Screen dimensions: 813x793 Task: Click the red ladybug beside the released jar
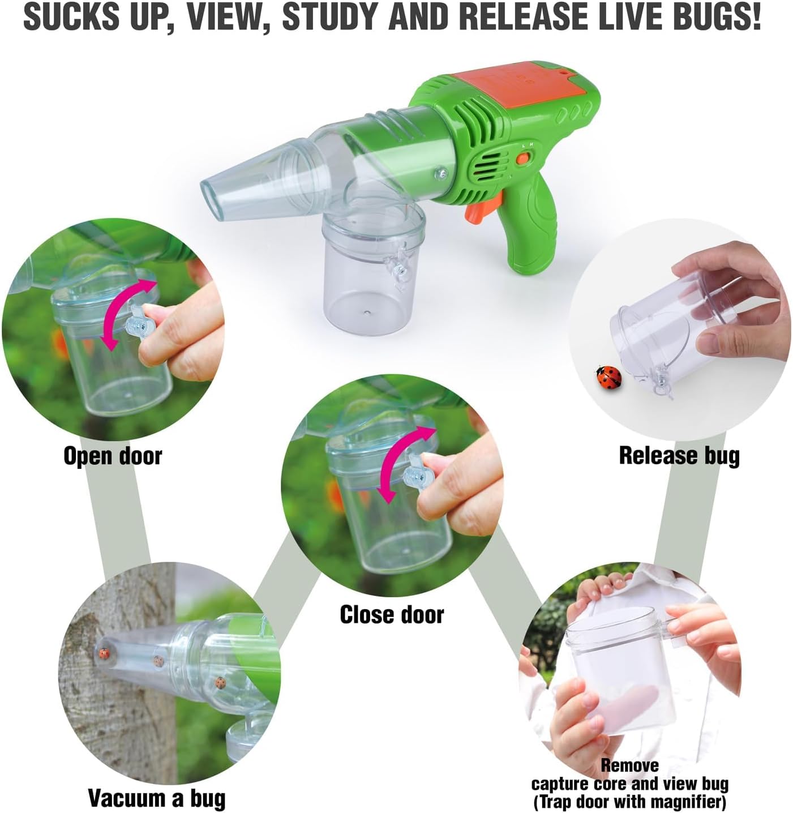(608, 377)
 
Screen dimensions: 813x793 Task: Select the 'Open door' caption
(113, 456)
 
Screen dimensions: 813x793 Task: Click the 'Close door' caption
(392, 615)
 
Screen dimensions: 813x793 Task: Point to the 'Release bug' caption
(679, 456)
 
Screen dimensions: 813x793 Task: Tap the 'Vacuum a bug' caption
(157, 798)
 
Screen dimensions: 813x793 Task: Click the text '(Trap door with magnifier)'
(629, 802)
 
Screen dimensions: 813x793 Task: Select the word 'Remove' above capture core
(629, 765)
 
